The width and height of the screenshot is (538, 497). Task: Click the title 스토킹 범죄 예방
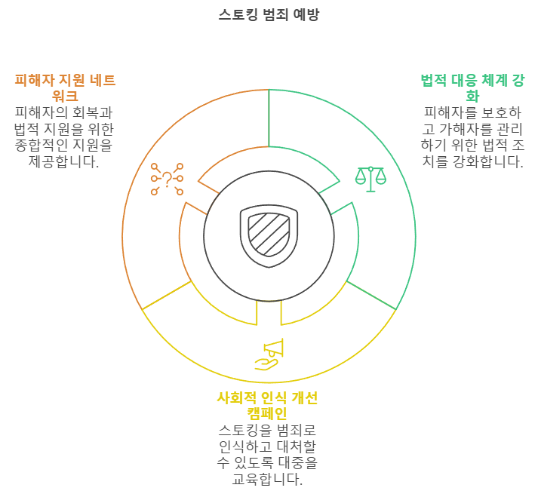[269, 15]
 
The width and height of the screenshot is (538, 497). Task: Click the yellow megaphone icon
[269, 354]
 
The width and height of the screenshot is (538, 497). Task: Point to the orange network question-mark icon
[167, 179]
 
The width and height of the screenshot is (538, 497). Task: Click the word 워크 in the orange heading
[65, 96]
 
